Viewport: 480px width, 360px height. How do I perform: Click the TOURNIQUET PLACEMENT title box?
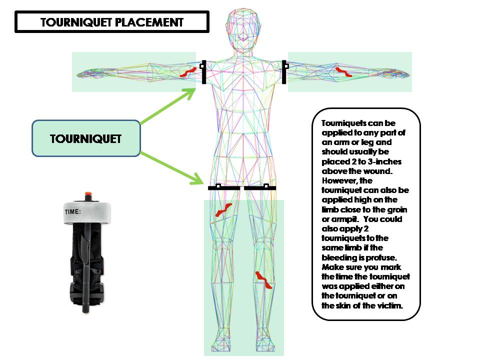(112, 22)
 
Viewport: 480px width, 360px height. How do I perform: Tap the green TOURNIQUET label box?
(85, 138)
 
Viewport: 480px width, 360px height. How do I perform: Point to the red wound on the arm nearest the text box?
(343, 71)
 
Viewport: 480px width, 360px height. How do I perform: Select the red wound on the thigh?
(223, 209)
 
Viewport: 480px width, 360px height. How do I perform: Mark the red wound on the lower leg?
(264, 281)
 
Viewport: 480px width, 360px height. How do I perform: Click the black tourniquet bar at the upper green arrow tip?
(204, 72)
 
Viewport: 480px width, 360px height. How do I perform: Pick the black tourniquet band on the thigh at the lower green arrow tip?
(224, 188)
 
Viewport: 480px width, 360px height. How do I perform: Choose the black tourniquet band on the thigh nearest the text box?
(260, 188)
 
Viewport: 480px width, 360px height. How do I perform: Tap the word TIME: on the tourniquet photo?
(73, 211)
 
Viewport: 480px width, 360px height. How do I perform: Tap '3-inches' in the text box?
(381, 162)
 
